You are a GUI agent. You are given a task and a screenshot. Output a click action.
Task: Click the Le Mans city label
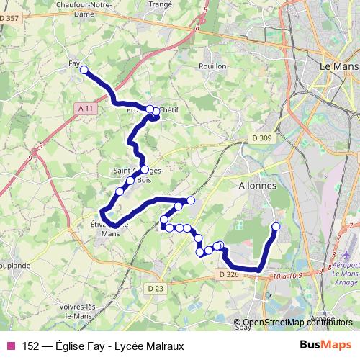pos(338,66)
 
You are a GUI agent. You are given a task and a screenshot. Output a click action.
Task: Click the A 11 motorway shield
pos(86,108)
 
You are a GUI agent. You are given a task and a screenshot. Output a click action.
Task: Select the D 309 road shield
pos(261,138)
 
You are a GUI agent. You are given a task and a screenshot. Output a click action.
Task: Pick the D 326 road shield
pos(228,274)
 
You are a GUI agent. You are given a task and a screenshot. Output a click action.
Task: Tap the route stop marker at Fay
pos(84,70)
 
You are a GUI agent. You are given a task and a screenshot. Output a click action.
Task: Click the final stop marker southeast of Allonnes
pos(276,228)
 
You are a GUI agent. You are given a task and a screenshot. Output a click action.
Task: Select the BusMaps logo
pos(326,346)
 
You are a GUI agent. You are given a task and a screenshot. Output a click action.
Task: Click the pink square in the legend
pos(11,346)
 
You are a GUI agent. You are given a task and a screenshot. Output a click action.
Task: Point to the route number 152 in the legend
pos(31,346)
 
